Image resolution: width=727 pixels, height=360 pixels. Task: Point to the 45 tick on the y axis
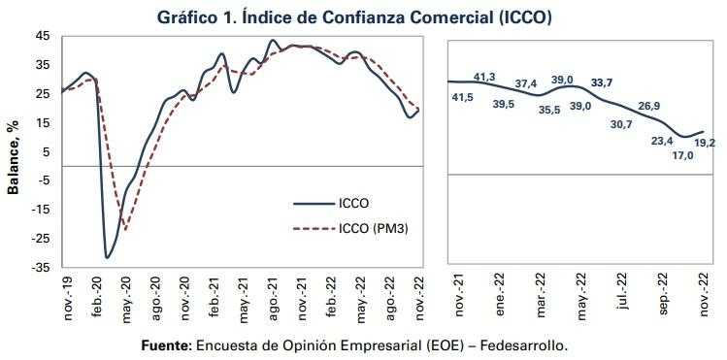pyautogui.click(x=42, y=36)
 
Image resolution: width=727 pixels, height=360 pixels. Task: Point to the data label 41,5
pyautogui.click(x=462, y=98)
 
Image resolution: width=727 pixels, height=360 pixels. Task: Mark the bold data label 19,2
pyautogui.click(x=704, y=143)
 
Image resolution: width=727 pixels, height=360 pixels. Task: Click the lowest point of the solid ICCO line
pyautogui.click(x=106, y=257)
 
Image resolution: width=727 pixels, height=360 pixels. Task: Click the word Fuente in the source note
pyautogui.click(x=167, y=344)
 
